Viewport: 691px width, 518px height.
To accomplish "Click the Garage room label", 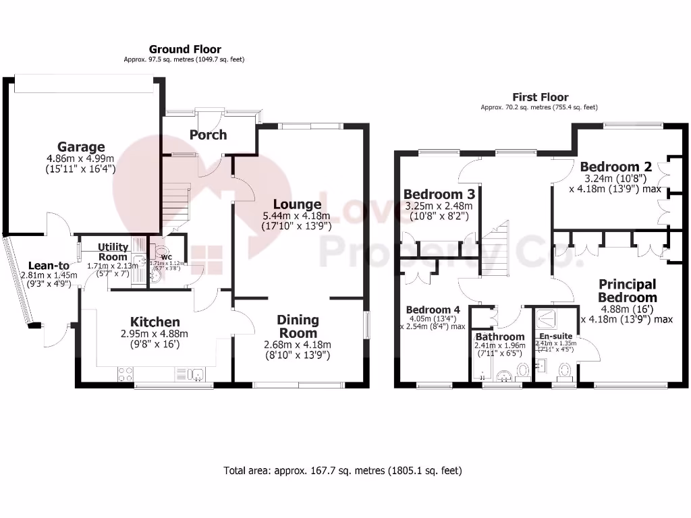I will (x=80, y=147).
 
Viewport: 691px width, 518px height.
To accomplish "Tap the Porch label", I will (x=208, y=135).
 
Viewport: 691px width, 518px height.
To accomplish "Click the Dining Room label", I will (x=298, y=326).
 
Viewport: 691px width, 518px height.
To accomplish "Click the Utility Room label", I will (x=113, y=252).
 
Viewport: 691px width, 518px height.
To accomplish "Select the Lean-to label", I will (x=49, y=265).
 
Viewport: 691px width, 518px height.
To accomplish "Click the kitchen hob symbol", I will (x=126, y=373).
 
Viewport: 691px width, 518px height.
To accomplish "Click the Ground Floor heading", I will (x=185, y=49).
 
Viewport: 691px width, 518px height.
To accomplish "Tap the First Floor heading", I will (x=540, y=97).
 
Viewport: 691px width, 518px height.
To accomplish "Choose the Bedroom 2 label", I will (x=609, y=167).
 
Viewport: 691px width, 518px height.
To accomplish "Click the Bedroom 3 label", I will (x=437, y=195).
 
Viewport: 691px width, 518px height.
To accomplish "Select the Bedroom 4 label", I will (x=433, y=310).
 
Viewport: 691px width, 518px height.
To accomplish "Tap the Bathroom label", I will (x=499, y=337).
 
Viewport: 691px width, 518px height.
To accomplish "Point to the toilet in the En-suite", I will (x=565, y=370).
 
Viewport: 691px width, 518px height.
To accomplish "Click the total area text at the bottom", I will (x=343, y=471).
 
